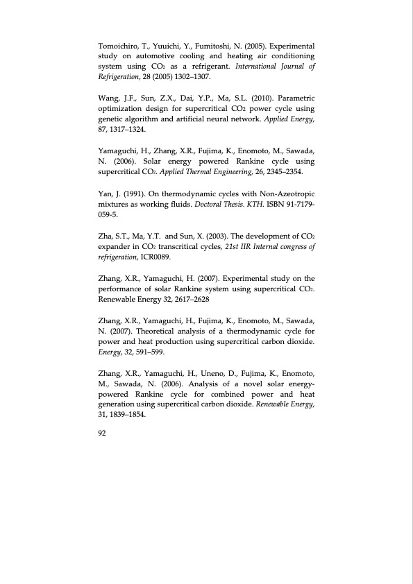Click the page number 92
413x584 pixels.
pos(105,431)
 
